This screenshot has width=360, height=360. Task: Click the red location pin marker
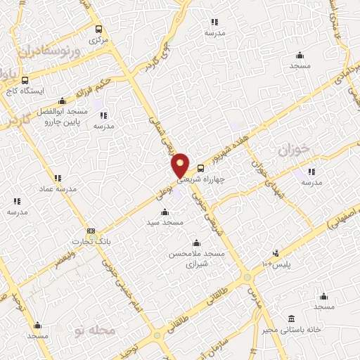(x=181, y=166)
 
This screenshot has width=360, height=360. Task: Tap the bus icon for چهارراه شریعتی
(x=201, y=168)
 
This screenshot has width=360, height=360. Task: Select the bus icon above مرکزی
(x=98, y=30)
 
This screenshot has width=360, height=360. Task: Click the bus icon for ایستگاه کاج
(x=25, y=80)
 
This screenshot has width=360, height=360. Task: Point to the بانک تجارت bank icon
(x=91, y=231)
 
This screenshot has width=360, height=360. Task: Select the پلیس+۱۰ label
(x=276, y=264)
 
